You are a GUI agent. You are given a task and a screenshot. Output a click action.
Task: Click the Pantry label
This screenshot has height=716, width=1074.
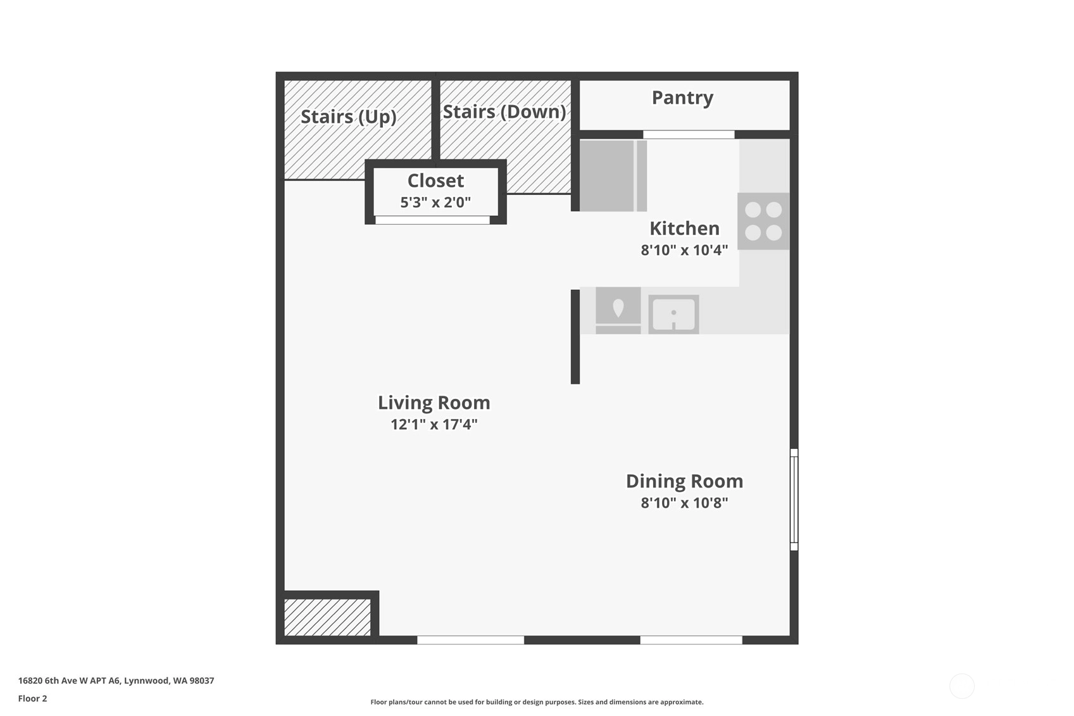point(682,98)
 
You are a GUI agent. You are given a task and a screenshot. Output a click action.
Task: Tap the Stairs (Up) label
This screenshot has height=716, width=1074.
point(349,116)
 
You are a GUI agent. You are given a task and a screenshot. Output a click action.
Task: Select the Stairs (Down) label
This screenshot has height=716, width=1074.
point(504,112)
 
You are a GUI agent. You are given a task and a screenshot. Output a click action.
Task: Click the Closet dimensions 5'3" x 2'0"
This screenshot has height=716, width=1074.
point(435,203)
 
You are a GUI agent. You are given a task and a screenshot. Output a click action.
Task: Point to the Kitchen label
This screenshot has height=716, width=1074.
point(684,229)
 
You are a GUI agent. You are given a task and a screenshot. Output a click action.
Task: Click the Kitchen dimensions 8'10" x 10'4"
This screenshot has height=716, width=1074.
point(684,250)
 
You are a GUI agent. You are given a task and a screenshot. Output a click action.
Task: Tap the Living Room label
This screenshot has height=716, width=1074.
point(434,403)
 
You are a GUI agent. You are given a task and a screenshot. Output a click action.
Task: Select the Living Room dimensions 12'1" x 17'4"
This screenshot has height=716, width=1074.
point(434,424)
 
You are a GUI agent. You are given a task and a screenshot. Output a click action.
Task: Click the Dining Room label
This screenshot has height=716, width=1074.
point(684,482)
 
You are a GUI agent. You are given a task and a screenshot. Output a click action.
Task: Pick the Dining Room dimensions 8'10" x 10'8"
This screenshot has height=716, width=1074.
point(684,503)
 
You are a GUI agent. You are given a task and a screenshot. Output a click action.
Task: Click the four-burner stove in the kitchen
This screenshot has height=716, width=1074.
point(763,221)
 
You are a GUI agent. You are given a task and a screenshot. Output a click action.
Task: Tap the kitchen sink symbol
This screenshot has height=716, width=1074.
point(673,314)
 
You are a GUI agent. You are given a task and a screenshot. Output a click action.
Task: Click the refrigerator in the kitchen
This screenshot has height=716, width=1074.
point(613,175)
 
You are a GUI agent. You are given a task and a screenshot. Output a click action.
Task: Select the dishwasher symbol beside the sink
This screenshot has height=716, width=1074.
point(618,310)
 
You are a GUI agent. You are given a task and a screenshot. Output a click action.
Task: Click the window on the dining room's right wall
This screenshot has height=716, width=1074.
point(794,499)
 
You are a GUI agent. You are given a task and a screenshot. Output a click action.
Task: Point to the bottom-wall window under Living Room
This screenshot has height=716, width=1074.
point(470,640)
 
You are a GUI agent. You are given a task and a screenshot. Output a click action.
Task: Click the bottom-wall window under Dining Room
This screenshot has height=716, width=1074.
point(691,640)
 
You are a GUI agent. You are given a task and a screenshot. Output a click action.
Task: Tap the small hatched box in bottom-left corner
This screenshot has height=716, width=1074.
point(327,618)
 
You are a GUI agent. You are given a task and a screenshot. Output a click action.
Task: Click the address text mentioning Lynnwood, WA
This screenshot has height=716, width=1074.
point(116,681)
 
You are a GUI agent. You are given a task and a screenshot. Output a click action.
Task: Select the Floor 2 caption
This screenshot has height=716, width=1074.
point(33,698)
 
